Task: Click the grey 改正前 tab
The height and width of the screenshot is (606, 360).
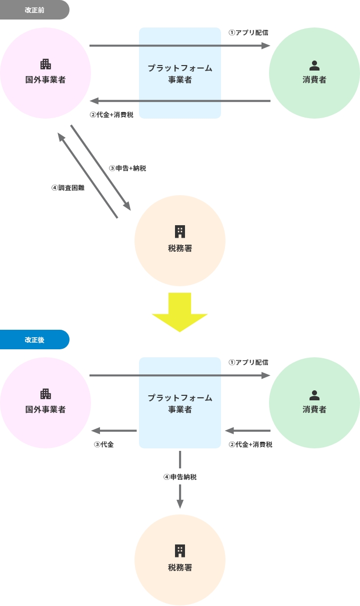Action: pos(34,10)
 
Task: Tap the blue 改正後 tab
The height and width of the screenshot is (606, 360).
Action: pos(34,340)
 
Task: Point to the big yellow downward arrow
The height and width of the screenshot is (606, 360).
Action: pos(179,312)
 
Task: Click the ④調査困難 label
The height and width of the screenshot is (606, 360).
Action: pos(67,188)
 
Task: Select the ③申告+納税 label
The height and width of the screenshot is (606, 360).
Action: pos(127,168)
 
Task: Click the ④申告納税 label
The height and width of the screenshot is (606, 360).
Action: pos(180,477)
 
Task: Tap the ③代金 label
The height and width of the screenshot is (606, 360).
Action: pos(104,444)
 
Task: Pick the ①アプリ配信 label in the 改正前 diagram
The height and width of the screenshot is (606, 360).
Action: pos(248,33)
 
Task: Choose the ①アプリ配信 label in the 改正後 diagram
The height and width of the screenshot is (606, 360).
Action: pos(248,362)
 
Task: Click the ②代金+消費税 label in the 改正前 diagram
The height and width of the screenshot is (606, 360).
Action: pos(111,115)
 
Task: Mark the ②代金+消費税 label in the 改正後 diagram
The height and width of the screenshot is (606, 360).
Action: pos(250,444)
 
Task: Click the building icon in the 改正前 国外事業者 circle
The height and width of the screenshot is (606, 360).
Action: pos(45,64)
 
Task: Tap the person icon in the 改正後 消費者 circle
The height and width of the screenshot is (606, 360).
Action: pos(314,395)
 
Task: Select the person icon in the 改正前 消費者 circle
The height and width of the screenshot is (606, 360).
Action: pos(314,65)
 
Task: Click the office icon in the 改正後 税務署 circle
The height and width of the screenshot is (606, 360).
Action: pos(180,551)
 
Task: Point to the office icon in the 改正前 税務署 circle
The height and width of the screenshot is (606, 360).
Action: pos(180,231)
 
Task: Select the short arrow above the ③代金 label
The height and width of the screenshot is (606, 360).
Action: pos(113,431)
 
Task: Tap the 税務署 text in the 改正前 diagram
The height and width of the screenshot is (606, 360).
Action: pos(180,248)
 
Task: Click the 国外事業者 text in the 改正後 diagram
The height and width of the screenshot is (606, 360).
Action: pos(45,409)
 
